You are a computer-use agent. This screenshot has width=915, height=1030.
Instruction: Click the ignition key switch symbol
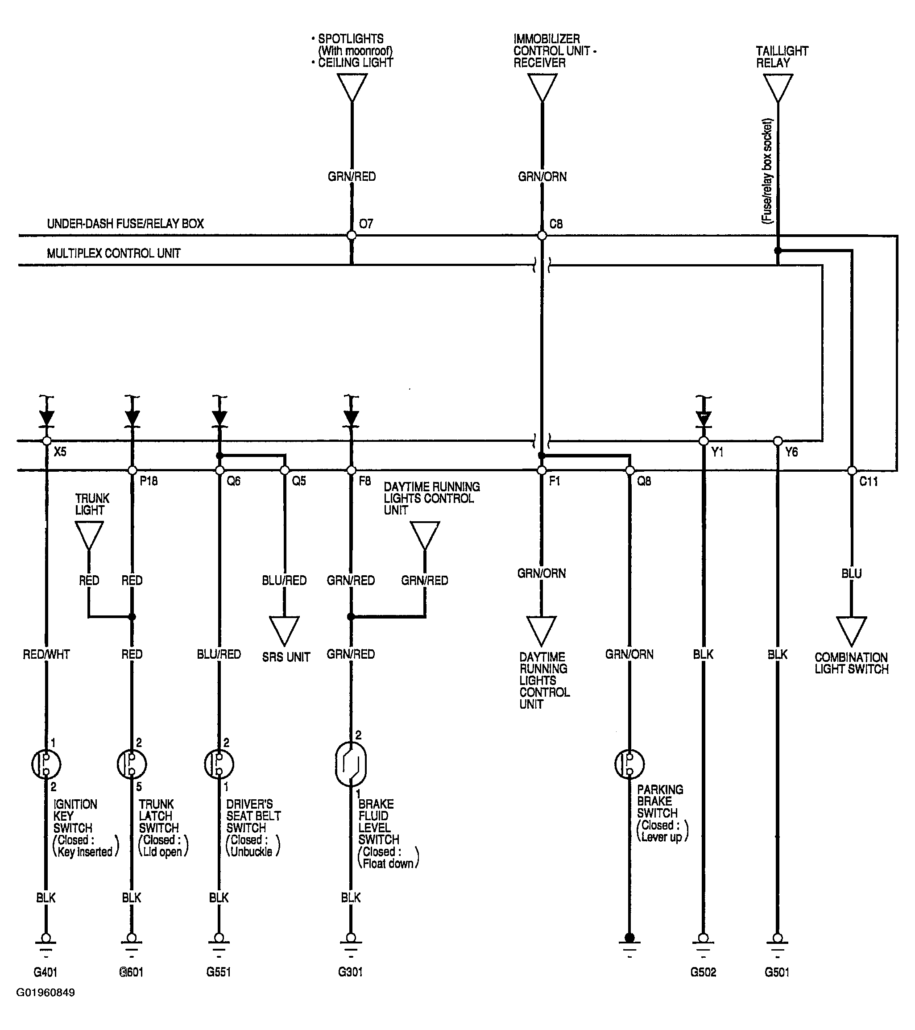point(46,764)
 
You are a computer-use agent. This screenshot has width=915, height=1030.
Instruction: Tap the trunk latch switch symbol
point(132,764)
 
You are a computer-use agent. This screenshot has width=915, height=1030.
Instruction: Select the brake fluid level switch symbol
point(351,764)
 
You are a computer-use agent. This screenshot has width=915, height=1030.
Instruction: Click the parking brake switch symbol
point(629,764)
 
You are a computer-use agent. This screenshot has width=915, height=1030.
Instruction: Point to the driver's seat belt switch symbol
point(219,764)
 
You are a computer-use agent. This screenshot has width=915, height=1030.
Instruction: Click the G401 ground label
point(46,972)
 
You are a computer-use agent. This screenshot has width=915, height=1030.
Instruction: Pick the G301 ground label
point(350,972)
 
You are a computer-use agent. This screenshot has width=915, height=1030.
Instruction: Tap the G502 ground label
point(703,972)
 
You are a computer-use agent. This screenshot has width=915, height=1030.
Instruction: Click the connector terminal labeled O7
point(352,235)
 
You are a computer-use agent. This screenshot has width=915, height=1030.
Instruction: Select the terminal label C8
point(556,224)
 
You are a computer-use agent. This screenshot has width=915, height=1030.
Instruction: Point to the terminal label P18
point(149,481)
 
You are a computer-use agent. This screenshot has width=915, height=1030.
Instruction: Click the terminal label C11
point(869,482)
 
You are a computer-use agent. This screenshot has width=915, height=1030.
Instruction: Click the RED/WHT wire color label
point(46,654)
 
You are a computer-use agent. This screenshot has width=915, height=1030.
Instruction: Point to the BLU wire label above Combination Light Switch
point(852,573)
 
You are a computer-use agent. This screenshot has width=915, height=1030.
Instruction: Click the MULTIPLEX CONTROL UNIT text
point(114,253)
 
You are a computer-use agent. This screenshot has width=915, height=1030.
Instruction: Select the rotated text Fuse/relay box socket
point(767,171)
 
